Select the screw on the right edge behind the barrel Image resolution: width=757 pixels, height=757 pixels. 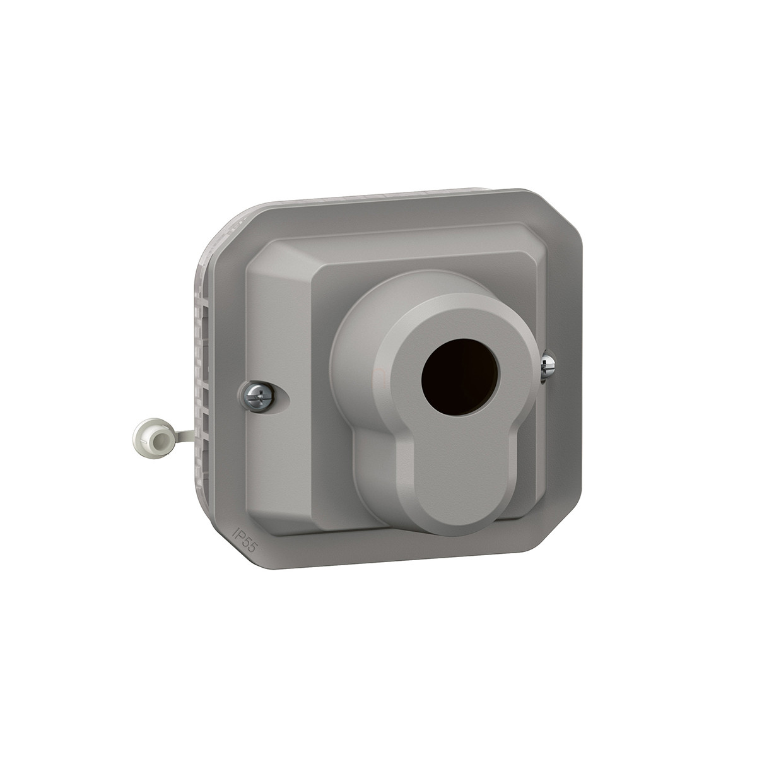(x=547, y=366)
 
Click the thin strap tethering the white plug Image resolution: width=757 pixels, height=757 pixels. (x=182, y=436)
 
